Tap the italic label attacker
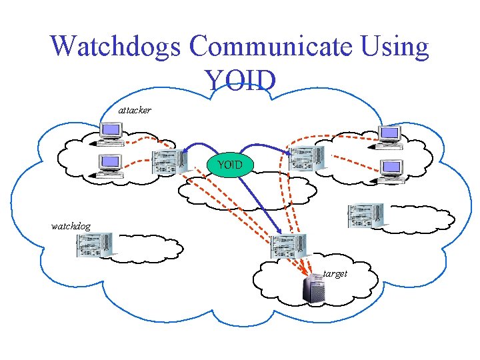click(x=135, y=109)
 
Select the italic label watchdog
click(x=71, y=226)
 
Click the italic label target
click(x=335, y=273)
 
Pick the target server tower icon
click(x=313, y=289)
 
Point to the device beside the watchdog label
click(x=94, y=246)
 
